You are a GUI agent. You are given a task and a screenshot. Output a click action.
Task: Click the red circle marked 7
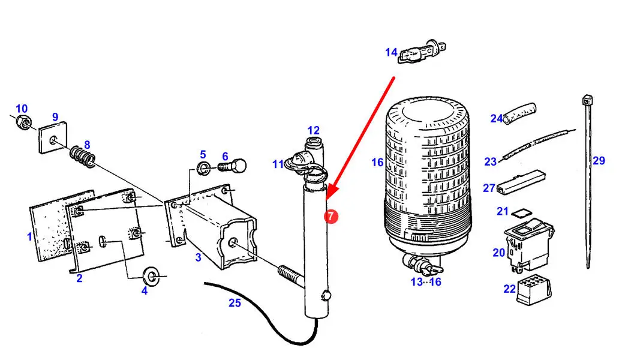[x=331, y=217]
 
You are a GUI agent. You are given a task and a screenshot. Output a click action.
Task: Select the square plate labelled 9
[x=53, y=137]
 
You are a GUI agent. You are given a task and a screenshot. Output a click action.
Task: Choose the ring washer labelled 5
[x=203, y=167]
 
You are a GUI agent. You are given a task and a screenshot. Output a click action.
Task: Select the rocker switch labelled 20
[x=529, y=244]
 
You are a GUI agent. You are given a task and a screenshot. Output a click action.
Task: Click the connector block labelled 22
[x=534, y=292]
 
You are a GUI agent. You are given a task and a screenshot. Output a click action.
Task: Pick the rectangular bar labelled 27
[x=521, y=181]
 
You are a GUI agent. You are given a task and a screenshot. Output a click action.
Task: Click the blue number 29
[x=599, y=161]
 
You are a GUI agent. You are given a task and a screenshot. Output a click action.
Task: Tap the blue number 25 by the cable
[x=235, y=303]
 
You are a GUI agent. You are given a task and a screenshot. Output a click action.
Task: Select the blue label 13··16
[x=426, y=282]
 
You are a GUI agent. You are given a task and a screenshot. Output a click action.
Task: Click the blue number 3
[x=199, y=257]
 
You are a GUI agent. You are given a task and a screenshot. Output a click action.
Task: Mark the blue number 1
[x=29, y=237]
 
